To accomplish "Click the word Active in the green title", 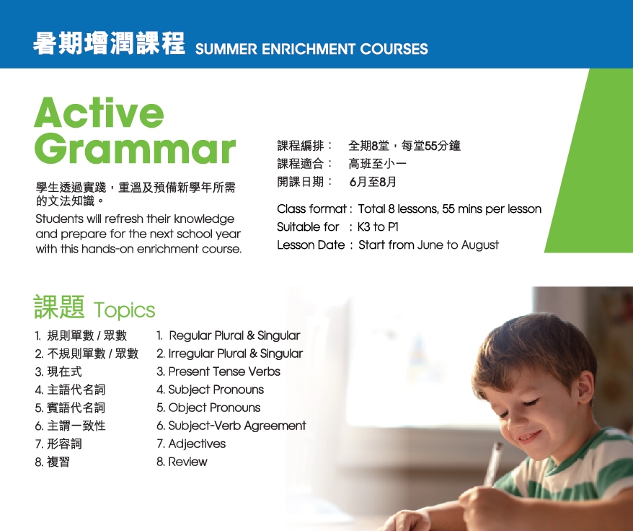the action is click(x=99, y=113).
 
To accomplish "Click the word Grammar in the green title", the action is click(x=135, y=149).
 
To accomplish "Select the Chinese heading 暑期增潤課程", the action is click(x=109, y=43).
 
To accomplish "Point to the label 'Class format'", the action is click(x=311, y=209).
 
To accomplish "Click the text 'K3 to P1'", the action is click(x=378, y=227).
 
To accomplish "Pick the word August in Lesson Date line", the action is click(x=480, y=245).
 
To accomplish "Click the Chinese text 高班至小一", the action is click(x=377, y=164).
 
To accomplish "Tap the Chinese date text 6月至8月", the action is click(x=373, y=182).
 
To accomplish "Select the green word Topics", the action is click(x=124, y=310).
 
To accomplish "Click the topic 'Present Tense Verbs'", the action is click(x=224, y=372).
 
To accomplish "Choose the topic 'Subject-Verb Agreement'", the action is click(x=237, y=426).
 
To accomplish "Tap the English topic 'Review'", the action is click(x=187, y=462).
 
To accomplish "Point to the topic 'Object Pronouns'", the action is click(x=214, y=408).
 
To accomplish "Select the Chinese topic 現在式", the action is click(x=64, y=372).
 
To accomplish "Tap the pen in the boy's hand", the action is click(x=493, y=465).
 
